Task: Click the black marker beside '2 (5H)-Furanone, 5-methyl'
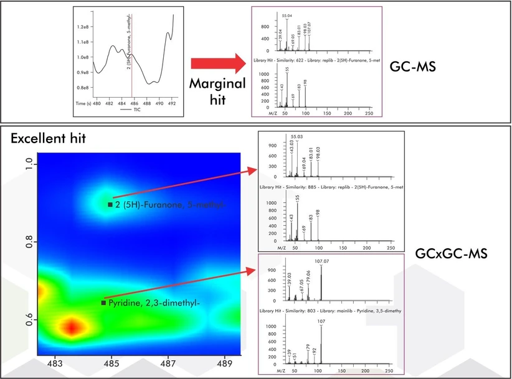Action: (x=110, y=204)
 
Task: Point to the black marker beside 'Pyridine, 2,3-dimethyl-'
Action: (x=103, y=302)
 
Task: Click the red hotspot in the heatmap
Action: (x=71, y=326)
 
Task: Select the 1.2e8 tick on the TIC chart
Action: (x=83, y=27)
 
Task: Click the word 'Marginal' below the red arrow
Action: (x=217, y=84)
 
